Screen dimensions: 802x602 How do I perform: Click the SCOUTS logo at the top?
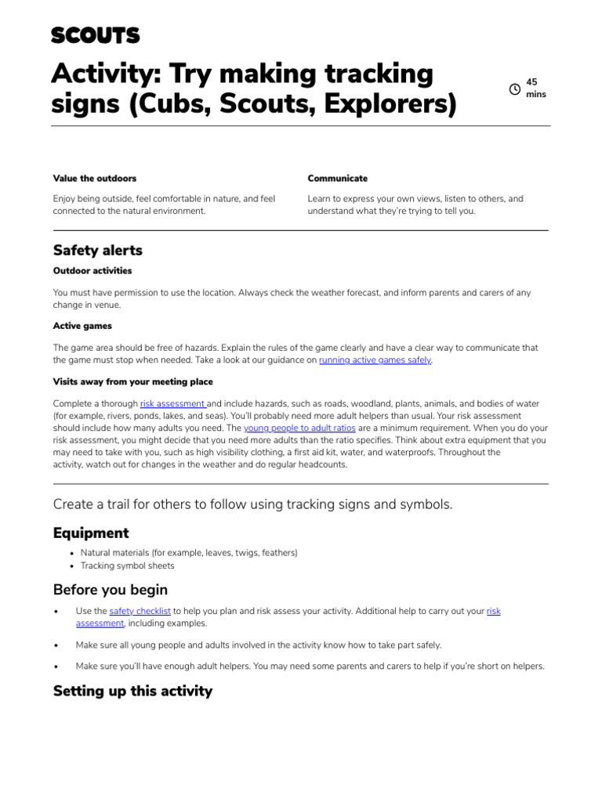click(96, 35)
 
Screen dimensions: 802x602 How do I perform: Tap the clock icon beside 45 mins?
click(515, 89)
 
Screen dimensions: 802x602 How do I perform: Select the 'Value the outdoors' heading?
click(95, 179)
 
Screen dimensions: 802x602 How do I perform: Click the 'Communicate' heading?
click(337, 179)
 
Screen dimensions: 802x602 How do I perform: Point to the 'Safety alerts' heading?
click(98, 251)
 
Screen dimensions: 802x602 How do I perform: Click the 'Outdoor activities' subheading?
click(92, 271)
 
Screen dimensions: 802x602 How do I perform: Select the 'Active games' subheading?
click(82, 326)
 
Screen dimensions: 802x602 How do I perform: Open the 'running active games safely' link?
click(375, 360)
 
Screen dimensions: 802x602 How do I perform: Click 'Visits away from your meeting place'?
click(132, 382)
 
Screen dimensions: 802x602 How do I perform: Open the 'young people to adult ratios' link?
click(299, 428)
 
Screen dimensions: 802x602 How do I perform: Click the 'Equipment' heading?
click(91, 533)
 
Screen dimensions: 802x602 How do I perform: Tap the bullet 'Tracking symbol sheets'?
click(128, 565)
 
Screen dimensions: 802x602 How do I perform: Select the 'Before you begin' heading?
click(111, 590)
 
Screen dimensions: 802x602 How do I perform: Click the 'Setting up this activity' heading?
click(132, 691)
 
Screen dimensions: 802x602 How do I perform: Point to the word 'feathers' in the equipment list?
click(278, 553)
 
